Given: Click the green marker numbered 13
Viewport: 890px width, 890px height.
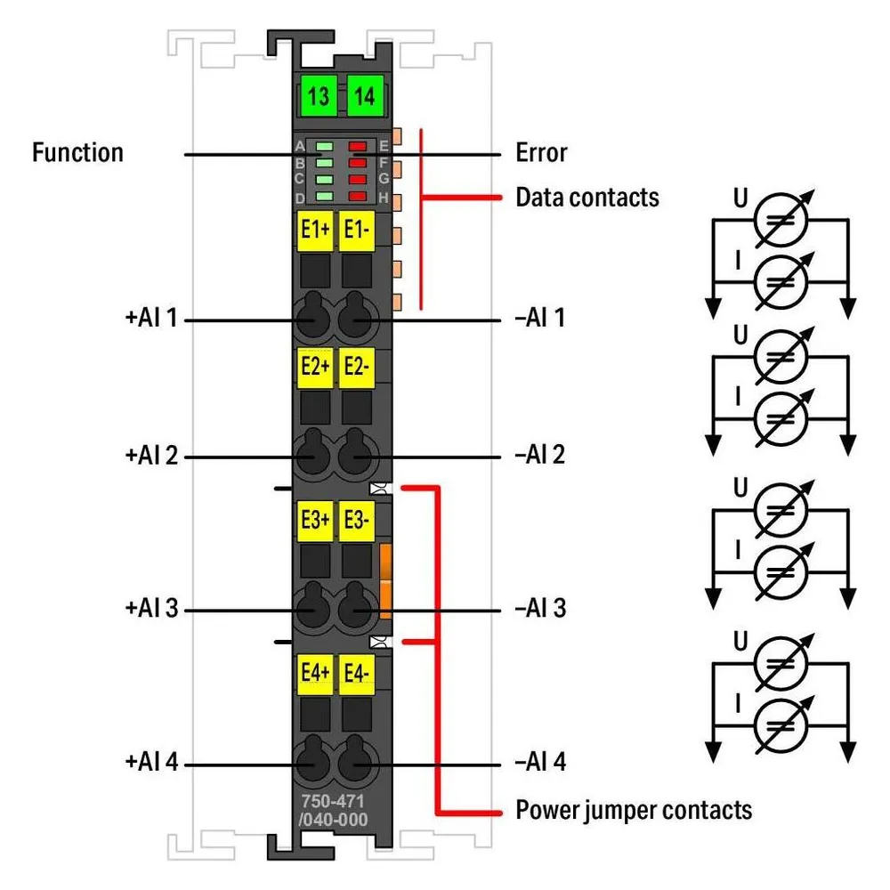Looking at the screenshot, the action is pyautogui.click(x=319, y=95).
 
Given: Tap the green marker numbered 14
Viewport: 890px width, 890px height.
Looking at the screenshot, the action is pyautogui.click(x=365, y=95).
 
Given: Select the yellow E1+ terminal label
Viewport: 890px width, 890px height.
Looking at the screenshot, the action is pyautogui.click(x=315, y=231).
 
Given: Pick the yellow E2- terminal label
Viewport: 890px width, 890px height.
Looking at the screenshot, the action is pyautogui.click(x=357, y=368).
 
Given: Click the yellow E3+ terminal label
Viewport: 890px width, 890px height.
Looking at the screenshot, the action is pyautogui.click(x=315, y=521).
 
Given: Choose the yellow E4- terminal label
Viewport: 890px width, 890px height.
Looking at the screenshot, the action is pyautogui.click(x=357, y=675).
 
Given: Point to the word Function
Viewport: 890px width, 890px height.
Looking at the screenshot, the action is pyautogui.click(x=77, y=153).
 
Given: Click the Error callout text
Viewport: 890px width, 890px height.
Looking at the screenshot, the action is pyautogui.click(x=541, y=153).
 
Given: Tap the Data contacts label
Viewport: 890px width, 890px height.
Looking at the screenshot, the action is pyautogui.click(x=587, y=198).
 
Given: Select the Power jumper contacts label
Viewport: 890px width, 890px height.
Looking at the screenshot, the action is pyautogui.click(x=634, y=811).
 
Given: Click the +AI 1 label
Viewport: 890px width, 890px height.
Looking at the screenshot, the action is pyautogui.click(x=151, y=318).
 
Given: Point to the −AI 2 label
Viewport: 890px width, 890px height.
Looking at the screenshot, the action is pyautogui.click(x=540, y=455).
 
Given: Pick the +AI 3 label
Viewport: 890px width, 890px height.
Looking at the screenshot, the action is pyautogui.click(x=151, y=609).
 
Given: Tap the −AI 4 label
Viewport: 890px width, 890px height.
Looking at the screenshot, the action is pyautogui.click(x=540, y=763).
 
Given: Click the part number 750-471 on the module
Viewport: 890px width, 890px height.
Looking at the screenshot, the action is pyautogui.click(x=333, y=801).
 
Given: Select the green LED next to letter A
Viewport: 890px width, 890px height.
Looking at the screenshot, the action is pyautogui.click(x=324, y=147).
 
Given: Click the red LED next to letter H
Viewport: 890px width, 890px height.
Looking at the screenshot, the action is pyautogui.click(x=358, y=197).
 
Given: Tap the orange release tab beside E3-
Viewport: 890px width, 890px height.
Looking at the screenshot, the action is pyautogui.click(x=385, y=580).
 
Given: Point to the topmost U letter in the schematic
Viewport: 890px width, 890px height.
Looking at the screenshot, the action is pyautogui.click(x=740, y=198).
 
